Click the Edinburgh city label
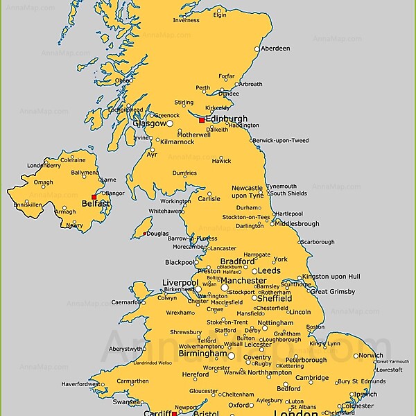pos(227,119)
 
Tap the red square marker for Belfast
pos(94,197)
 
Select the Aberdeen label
pos(275,49)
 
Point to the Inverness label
pos(186,20)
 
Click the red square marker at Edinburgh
pos(202,120)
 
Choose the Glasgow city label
pos(149,123)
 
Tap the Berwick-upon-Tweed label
pos(280,141)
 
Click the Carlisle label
pos(209,199)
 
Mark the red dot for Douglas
pos(145,234)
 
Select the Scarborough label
pos(318,242)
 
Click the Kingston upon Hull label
pos(331,277)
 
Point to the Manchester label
pos(243,281)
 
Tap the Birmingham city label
pos(203,353)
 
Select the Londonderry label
pos(44,166)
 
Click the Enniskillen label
pos(28,205)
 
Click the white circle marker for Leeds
pos(254,272)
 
